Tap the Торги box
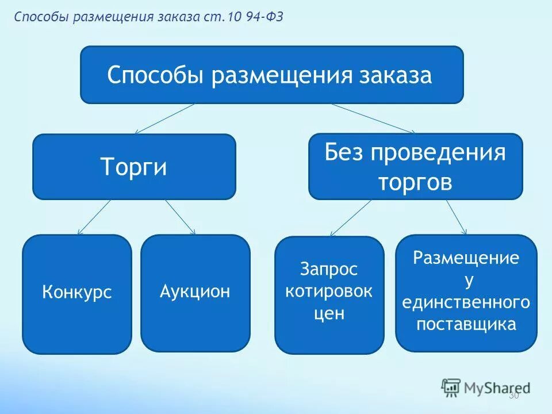[134, 167]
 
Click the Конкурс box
[76, 294]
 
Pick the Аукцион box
[195, 292]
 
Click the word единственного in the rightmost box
[466, 302]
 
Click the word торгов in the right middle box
[415, 183]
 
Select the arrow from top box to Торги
[164, 118]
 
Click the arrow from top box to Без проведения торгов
[373, 118]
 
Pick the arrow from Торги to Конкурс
[94, 217]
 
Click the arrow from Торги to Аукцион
[181, 217]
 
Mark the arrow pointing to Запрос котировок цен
[351, 218]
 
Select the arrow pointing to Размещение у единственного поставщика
[456, 217]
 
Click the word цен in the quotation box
[329, 314]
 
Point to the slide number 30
[513, 396]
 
